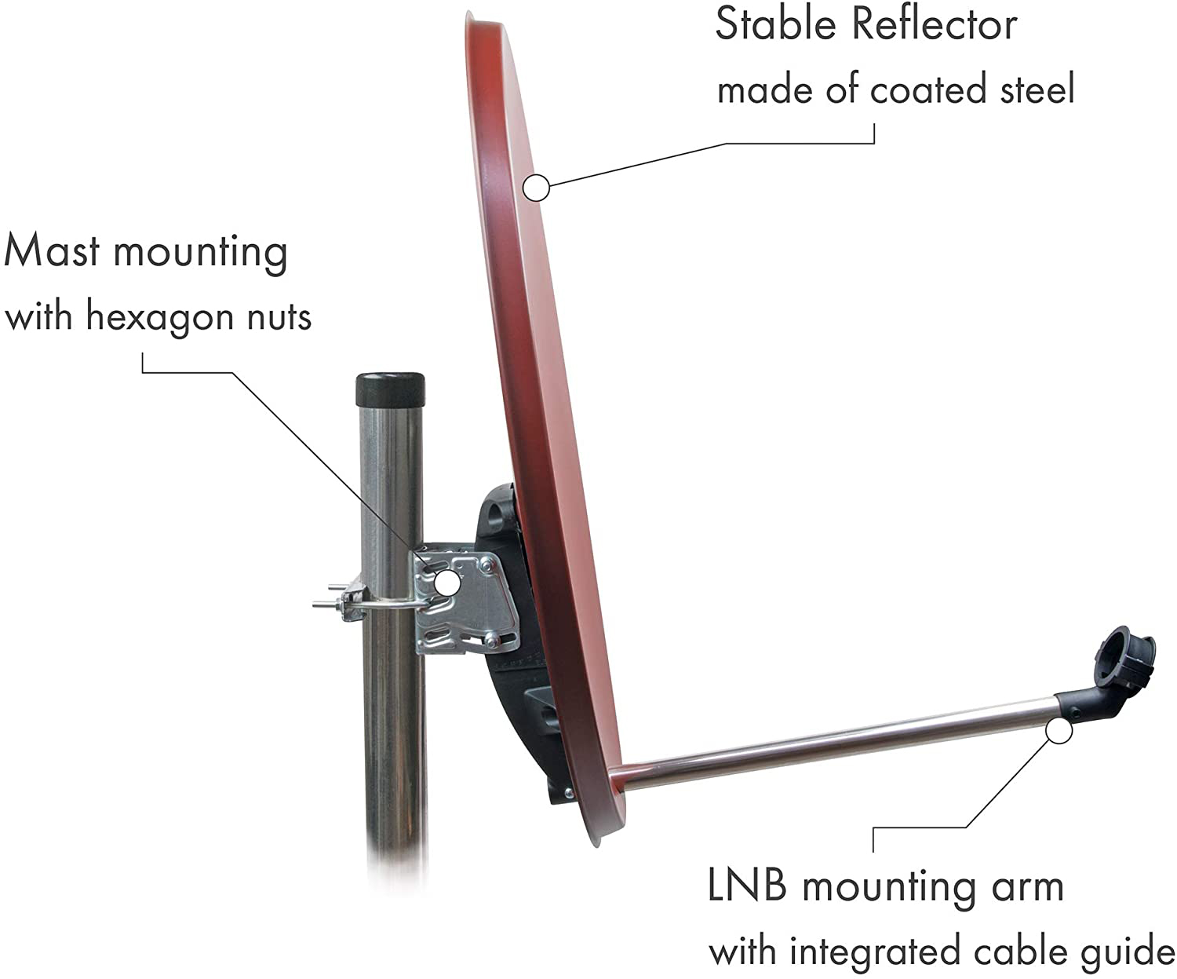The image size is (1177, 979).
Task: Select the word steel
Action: (x=1037, y=89)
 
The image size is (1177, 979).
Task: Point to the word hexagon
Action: (x=160, y=316)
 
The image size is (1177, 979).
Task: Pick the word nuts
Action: (x=279, y=318)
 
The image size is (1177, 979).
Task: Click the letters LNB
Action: (x=746, y=885)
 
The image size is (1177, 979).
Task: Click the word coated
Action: (x=928, y=89)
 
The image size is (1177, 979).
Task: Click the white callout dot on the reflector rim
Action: (x=536, y=187)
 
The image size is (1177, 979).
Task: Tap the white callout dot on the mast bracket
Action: (x=446, y=583)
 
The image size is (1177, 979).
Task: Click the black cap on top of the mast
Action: (x=389, y=389)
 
